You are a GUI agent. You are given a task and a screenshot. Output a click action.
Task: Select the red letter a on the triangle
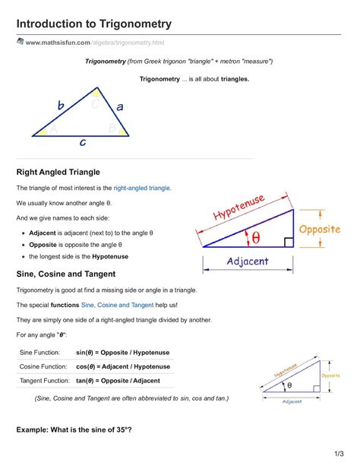119,107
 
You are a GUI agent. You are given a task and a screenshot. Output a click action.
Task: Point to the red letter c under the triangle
82,142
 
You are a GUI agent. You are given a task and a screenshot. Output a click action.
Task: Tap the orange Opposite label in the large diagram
319,230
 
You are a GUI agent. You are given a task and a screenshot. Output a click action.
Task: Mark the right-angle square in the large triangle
288,243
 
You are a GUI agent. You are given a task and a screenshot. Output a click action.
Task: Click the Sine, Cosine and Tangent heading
66,274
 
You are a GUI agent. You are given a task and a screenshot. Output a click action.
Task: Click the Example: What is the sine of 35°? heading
74,430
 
